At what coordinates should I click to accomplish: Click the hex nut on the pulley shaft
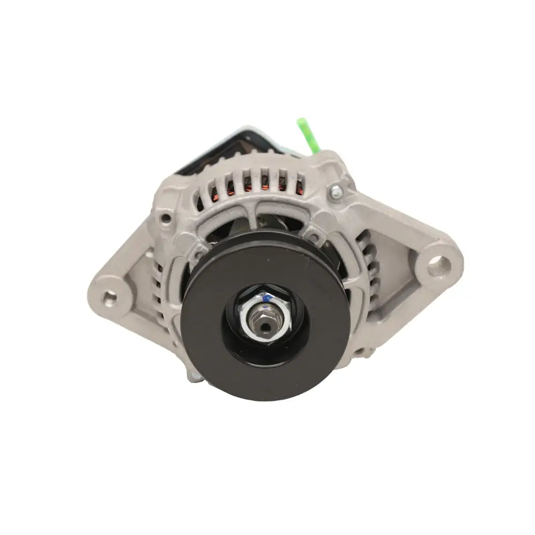[x=266, y=316]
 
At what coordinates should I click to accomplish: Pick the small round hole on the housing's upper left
[x=166, y=218]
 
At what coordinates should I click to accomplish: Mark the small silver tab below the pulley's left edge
[x=195, y=377]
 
